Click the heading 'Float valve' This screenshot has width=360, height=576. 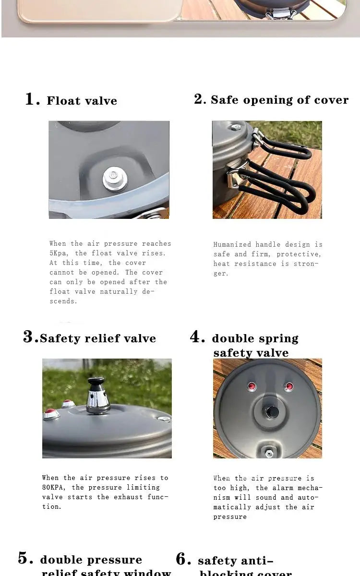click(x=82, y=101)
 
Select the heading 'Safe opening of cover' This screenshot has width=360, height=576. click(x=279, y=100)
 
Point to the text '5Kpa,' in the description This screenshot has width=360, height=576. click(x=59, y=253)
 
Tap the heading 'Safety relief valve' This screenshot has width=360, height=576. click(x=98, y=338)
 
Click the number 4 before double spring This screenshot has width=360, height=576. click(x=197, y=337)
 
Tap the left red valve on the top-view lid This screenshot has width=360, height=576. click(x=252, y=387)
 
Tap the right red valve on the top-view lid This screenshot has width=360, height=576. click(x=288, y=386)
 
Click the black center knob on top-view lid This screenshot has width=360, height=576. click(x=272, y=411)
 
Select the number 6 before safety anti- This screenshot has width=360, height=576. click(x=183, y=559)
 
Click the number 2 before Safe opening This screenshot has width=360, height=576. click(x=199, y=99)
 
